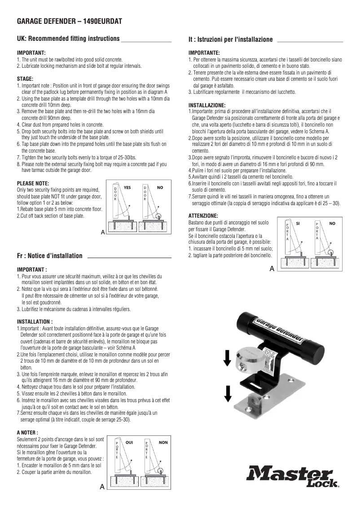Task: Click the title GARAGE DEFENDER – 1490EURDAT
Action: click(x=70, y=21)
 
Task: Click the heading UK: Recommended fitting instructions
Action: click(x=68, y=39)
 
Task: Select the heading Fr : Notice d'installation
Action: click(x=49, y=256)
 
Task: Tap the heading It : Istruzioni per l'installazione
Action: click(x=230, y=40)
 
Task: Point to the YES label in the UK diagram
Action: click(x=127, y=186)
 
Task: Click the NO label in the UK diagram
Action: click(x=159, y=186)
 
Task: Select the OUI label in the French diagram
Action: click(x=129, y=443)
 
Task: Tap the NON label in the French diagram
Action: click(x=163, y=443)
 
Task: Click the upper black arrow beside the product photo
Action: click(x=228, y=357)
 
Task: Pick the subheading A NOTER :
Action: click(x=30, y=432)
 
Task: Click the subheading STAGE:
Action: click(x=25, y=79)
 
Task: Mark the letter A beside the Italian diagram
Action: click(x=272, y=269)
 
